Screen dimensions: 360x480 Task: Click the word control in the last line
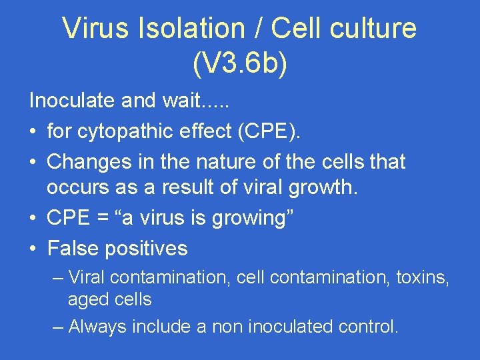(x=367, y=327)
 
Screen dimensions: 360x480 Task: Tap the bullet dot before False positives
(x=33, y=249)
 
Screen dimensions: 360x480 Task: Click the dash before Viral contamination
(x=58, y=277)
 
